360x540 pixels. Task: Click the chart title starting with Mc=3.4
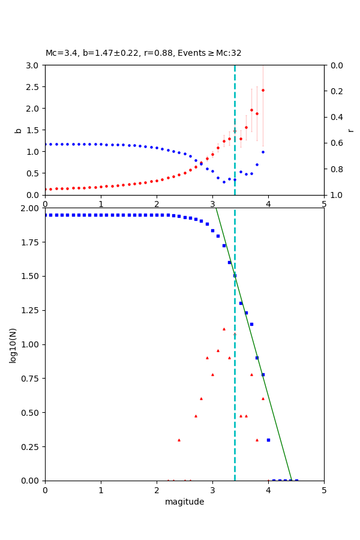click(143, 53)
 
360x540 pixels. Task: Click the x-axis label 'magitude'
click(184, 502)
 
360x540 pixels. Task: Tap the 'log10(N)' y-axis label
click(13, 344)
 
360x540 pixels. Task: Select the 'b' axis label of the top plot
click(18, 130)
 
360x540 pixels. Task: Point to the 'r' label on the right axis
click(350, 130)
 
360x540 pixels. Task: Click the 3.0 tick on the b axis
click(34, 65)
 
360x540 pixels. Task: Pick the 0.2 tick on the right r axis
click(335, 91)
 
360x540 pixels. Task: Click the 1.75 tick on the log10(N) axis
click(30, 242)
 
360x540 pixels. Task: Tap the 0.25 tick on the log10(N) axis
click(30, 447)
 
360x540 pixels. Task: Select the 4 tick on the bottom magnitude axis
click(268, 490)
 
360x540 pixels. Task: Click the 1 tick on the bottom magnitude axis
click(101, 490)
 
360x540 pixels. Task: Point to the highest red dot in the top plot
click(263, 90)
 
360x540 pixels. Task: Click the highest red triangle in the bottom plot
click(224, 329)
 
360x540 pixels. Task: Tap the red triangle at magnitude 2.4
click(179, 440)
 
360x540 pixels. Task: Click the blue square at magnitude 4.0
click(268, 440)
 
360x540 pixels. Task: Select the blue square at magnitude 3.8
click(257, 358)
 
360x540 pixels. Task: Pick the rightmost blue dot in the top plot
click(263, 152)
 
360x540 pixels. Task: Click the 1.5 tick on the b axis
click(34, 130)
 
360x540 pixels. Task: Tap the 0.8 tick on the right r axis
click(335, 169)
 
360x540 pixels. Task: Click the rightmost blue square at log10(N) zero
click(296, 481)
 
